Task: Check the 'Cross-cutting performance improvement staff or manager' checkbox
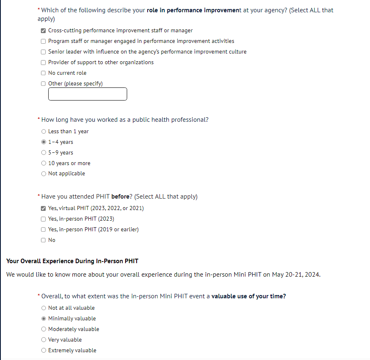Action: (x=43, y=31)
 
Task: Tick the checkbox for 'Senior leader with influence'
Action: (x=43, y=52)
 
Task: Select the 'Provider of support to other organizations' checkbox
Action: (x=43, y=63)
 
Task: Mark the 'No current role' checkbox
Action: (x=43, y=73)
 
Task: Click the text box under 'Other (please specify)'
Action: (x=87, y=94)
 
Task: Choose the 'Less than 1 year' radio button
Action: (x=44, y=132)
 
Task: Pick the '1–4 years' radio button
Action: (x=44, y=142)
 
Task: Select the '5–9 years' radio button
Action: (x=44, y=153)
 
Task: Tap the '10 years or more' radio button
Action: (x=44, y=163)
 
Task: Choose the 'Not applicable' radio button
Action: (x=44, y=174)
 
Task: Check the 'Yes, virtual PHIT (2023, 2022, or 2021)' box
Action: (x=43, y=208)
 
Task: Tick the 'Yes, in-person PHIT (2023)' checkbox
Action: (x=43, y=219)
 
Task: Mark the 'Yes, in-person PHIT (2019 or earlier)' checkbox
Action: (x=43, y=230)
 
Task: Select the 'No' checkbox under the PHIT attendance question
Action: (x=43, y=240)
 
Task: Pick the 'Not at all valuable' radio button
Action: (x=44, y=308)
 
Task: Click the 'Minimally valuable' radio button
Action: (x=44, y=319)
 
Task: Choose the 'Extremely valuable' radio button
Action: (x=44, y=351)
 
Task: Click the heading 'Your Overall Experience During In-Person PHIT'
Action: (x=72, y=261)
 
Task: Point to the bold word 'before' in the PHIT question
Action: (x=120, y=197)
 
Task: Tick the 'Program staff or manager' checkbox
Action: (x=43, y=41)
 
